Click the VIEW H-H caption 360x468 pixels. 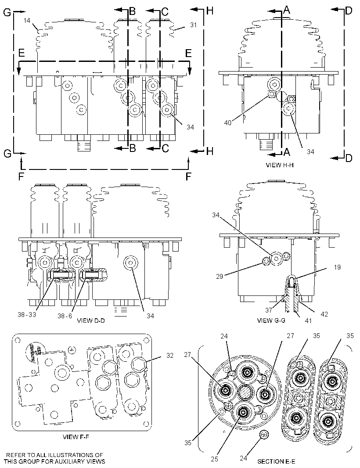pos(279,165)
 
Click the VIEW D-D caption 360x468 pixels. pos(91,320)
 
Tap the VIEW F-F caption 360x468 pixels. pos(76,437)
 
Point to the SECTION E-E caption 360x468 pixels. pos(275,461)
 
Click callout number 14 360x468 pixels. pos(27,21)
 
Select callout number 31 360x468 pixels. pos(194,25)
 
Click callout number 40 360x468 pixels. pos(227,122)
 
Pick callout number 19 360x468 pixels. pos(337,267)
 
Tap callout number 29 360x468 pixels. pos(220,277)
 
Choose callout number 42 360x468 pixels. pos(324,314)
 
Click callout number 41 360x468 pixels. pos(308,320)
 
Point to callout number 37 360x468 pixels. pos(269,310)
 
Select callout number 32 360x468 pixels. pos(169,356)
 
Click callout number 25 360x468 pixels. pos(215,459)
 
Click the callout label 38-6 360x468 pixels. pos(65,316)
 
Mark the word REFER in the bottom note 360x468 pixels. pos(16,455)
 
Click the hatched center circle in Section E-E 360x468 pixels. pos(246,393)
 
